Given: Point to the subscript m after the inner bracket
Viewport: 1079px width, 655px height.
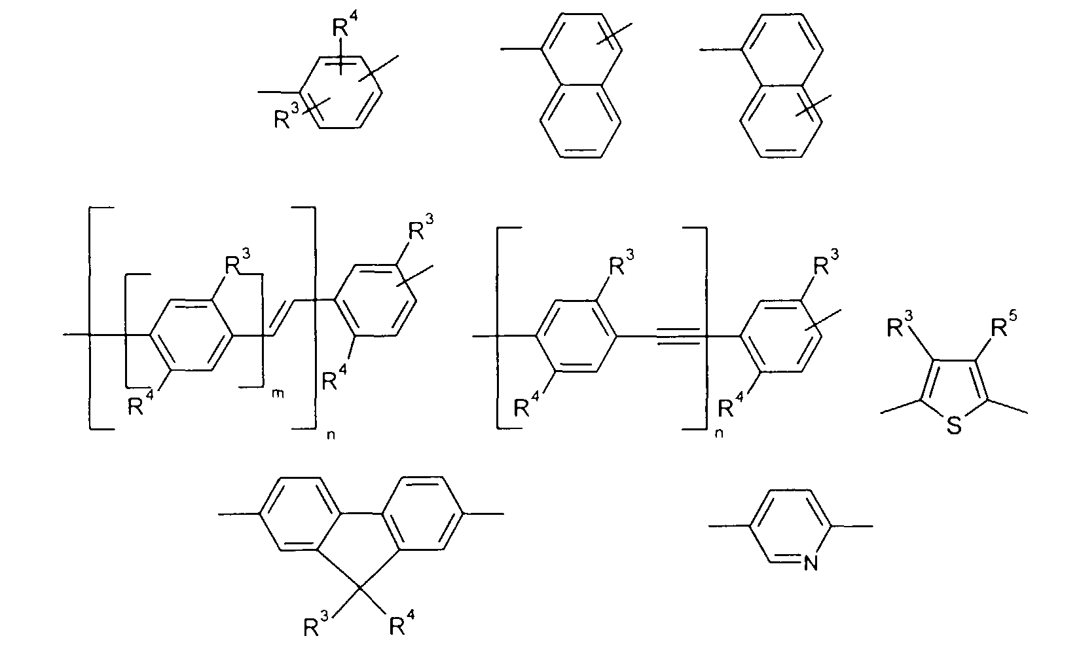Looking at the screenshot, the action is tap(278, 394).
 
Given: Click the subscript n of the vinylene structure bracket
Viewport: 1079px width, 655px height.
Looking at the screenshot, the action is tap(331, 435).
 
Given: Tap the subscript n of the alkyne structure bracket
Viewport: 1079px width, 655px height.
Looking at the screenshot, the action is tap(719, 432).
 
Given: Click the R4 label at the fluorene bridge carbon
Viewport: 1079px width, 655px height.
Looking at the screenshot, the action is tap(401, 624).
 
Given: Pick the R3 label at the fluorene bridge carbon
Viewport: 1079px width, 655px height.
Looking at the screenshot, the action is tap(316, 625).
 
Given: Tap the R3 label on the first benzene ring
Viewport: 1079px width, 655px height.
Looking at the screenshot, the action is tap(286, 116).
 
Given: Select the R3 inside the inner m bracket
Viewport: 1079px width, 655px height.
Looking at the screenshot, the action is tap(238, 261).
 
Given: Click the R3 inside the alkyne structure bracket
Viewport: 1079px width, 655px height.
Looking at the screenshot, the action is tap(621, 262).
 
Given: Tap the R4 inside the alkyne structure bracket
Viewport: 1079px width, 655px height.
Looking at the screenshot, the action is tap(527, 404).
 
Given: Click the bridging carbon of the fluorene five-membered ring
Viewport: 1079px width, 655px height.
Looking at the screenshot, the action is tap(360, 588).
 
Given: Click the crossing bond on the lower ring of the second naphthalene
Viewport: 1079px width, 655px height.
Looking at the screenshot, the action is tap(813, 105).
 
